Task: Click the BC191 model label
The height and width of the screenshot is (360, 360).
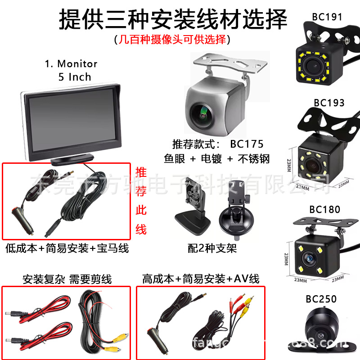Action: point(327,17)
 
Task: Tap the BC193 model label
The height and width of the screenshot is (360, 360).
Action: point(329,103)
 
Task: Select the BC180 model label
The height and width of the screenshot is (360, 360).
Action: point(324,209)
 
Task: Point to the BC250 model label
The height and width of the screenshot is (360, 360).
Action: point(321,299)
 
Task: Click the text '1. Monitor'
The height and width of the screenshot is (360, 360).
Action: point(71,64)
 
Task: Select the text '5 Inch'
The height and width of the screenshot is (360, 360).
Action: point(75,77)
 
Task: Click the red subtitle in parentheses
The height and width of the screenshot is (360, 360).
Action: point(172,40)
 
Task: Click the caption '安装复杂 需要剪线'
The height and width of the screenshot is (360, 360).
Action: point(67,279)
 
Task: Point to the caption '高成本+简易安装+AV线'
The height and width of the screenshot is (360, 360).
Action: point(201,279)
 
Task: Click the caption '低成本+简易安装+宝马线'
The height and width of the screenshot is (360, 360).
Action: point(67,248)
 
